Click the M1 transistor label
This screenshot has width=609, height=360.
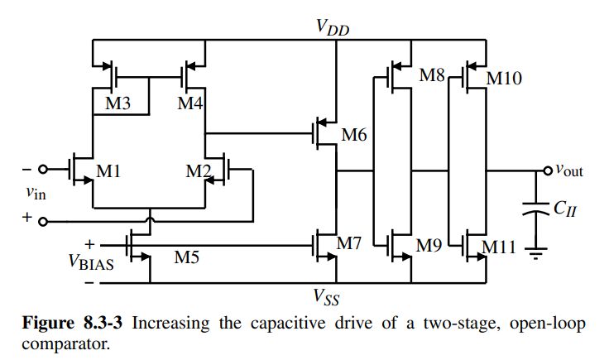pyautogui.click(x=110, y=172)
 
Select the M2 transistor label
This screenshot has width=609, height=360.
pyautogui.click(x=198, y=172)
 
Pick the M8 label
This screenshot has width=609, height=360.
pyautogui.click(x=432, y=76)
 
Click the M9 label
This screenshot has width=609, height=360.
pyautogui.click(x=431, y=245)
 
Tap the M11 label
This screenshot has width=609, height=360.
pyautogui.click(x=503, y=245)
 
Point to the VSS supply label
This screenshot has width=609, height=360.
pyautogui.click(x=328, y=295)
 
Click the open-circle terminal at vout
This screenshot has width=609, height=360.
pyautogui.click(x=545, y=171)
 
